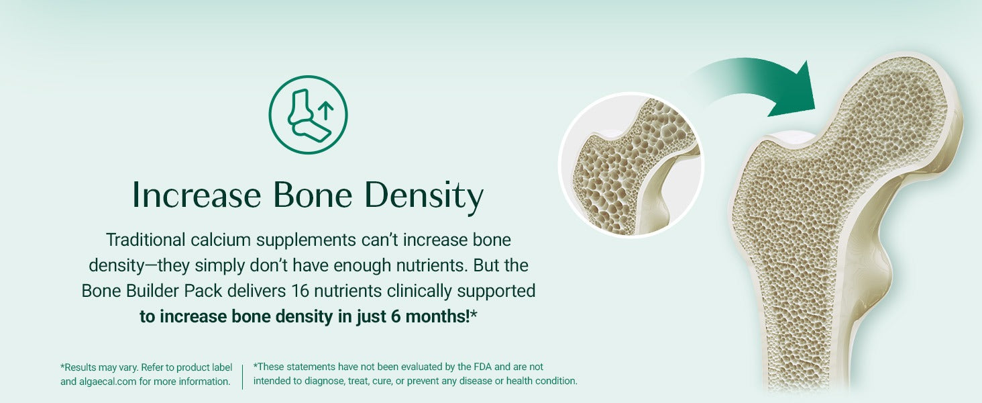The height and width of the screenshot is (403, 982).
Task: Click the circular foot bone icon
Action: coord(308,75)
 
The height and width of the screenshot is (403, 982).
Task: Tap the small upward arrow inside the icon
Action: coord(325,110)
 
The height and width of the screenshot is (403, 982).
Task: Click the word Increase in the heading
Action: coord(197,195)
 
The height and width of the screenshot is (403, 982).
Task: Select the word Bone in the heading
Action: coord(313,195)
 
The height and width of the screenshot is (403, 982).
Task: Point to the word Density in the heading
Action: coord(424,197)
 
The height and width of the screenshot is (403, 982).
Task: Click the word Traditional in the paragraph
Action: coord(146,240)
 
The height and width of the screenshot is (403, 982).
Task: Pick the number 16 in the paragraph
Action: coord(301,291)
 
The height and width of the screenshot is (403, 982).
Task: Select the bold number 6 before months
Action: coord(396,316)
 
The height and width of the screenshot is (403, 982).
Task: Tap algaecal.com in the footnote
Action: coord(107,382)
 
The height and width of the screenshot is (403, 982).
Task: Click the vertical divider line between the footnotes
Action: coord(242,377)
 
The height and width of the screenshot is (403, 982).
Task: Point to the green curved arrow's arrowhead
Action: coord(794,92)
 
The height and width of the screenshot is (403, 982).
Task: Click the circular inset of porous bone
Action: coord(631,165)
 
